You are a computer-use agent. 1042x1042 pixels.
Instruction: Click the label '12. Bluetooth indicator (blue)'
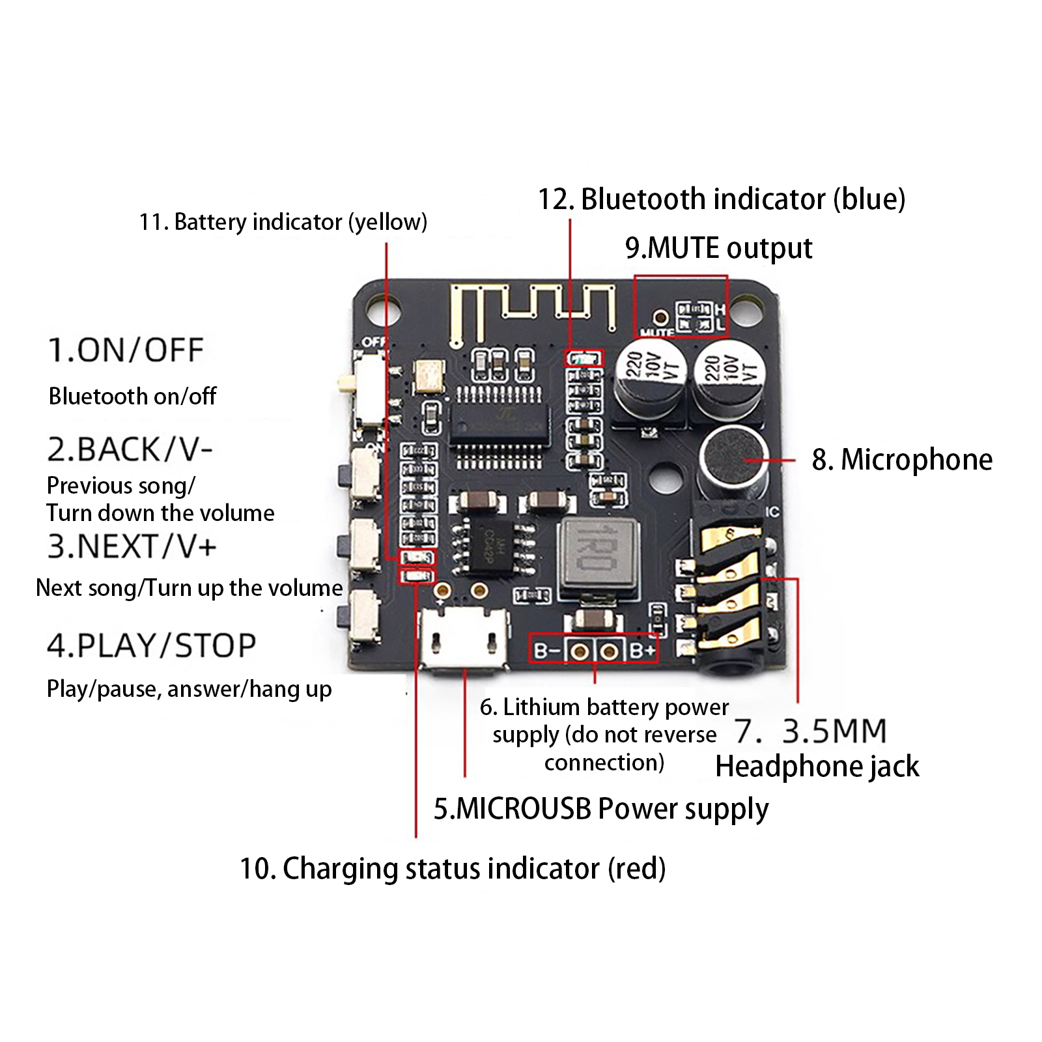click(x=721, y=199)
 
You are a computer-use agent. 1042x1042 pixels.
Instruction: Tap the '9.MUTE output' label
click(x=718, y=248)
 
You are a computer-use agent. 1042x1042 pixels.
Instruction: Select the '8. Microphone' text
click(x=902, y=460)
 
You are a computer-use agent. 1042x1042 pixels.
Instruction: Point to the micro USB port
click(x=464, y=638)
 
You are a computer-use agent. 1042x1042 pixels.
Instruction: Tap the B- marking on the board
click(x=546, y=651)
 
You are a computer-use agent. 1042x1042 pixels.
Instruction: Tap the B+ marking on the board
click(x=642, y=651)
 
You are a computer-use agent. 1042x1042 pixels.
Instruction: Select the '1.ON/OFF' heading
click(x=126, y=350)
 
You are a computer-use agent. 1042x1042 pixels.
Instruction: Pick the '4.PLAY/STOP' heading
click(x=151, y=645)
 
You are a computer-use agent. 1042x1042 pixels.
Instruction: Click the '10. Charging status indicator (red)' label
click(x=453, y=869)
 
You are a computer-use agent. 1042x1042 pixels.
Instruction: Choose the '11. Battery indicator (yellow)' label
click(x=283, y=222)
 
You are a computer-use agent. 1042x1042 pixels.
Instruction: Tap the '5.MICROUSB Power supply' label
click(x=600, y=809)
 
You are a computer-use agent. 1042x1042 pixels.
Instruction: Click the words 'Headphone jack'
click(x=817, y=767)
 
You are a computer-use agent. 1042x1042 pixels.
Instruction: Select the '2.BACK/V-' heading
click(x=130, y=449)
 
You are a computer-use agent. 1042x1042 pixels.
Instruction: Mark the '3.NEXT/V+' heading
click(x=132, y=546)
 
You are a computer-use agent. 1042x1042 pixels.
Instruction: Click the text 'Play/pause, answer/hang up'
click(x=189, y=689)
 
